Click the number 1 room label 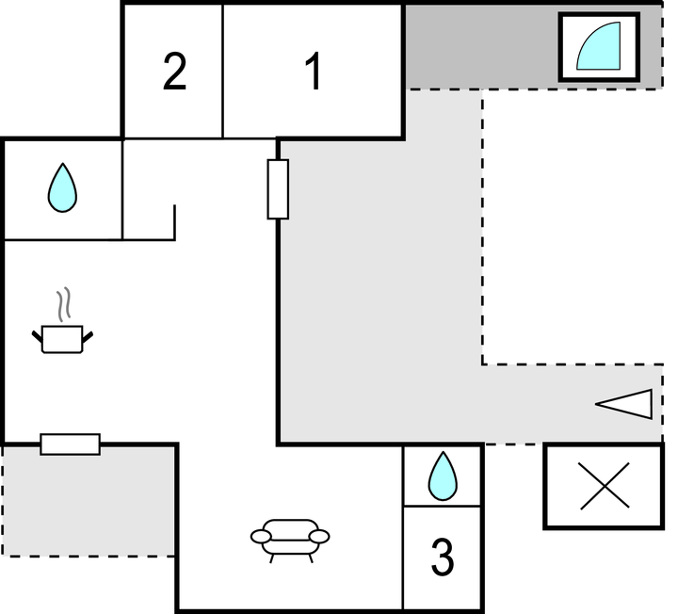[x=314, y=72]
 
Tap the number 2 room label [x=174, y=72]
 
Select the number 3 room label [x=443, y=557]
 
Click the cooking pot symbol [x=64, y=338]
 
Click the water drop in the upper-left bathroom [x=62, y=187]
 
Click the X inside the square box [x=603, y=487]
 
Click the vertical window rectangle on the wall [x=278, y=189]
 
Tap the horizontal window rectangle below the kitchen [x=70, y=444]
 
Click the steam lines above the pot [x=64, y=304]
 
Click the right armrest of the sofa [x=319, y=537]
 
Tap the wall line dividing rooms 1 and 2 [x=222, y=71]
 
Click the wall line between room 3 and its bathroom [x=443, y=507]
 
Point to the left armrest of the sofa [x=261, y=537]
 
